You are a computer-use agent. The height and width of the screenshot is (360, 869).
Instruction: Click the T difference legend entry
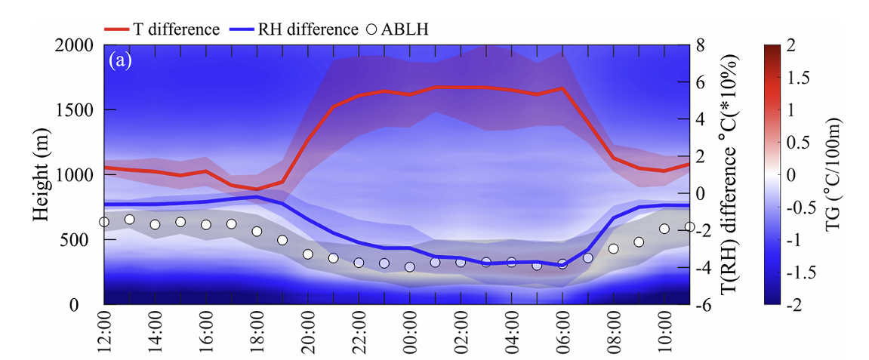[162, 29]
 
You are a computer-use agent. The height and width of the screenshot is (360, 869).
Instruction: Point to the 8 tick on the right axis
[700, 45]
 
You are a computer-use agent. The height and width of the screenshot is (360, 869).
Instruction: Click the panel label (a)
[121, 60]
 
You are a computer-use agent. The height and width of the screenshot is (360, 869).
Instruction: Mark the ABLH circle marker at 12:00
[104, 222]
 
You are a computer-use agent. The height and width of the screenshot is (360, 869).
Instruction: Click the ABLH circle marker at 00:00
[410, 266]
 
